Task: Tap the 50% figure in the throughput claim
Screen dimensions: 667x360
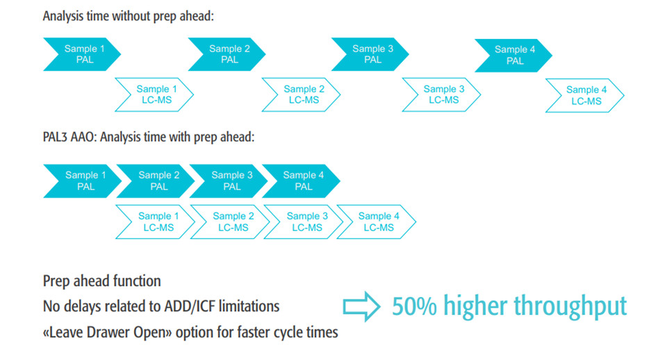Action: (x=414, y=306)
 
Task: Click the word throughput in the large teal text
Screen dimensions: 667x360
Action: (x=570, y=307)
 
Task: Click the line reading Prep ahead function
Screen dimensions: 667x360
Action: (x=102, y=281)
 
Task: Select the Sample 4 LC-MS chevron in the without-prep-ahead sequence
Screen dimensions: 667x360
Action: (x=585, y=95)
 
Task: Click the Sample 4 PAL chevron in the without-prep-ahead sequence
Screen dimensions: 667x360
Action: (x=513, y=56)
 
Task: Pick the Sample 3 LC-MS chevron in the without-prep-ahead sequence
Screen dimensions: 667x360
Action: (x=442, y=95)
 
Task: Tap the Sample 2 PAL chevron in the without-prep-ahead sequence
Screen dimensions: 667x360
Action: (x=227, y=54)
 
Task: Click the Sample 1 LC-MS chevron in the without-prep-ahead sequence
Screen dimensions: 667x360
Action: (x=154, y=95)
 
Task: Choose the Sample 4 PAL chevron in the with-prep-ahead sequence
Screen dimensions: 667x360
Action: (x=301, y=181)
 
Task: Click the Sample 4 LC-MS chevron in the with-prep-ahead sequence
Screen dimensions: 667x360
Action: (x=377, y=222)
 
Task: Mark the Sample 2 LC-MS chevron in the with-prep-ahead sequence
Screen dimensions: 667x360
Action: (x=230, y=222)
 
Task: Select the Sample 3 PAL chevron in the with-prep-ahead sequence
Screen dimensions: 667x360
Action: (x=229, y=181)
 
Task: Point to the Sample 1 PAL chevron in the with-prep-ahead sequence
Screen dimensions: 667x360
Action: (x=83, y=181)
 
